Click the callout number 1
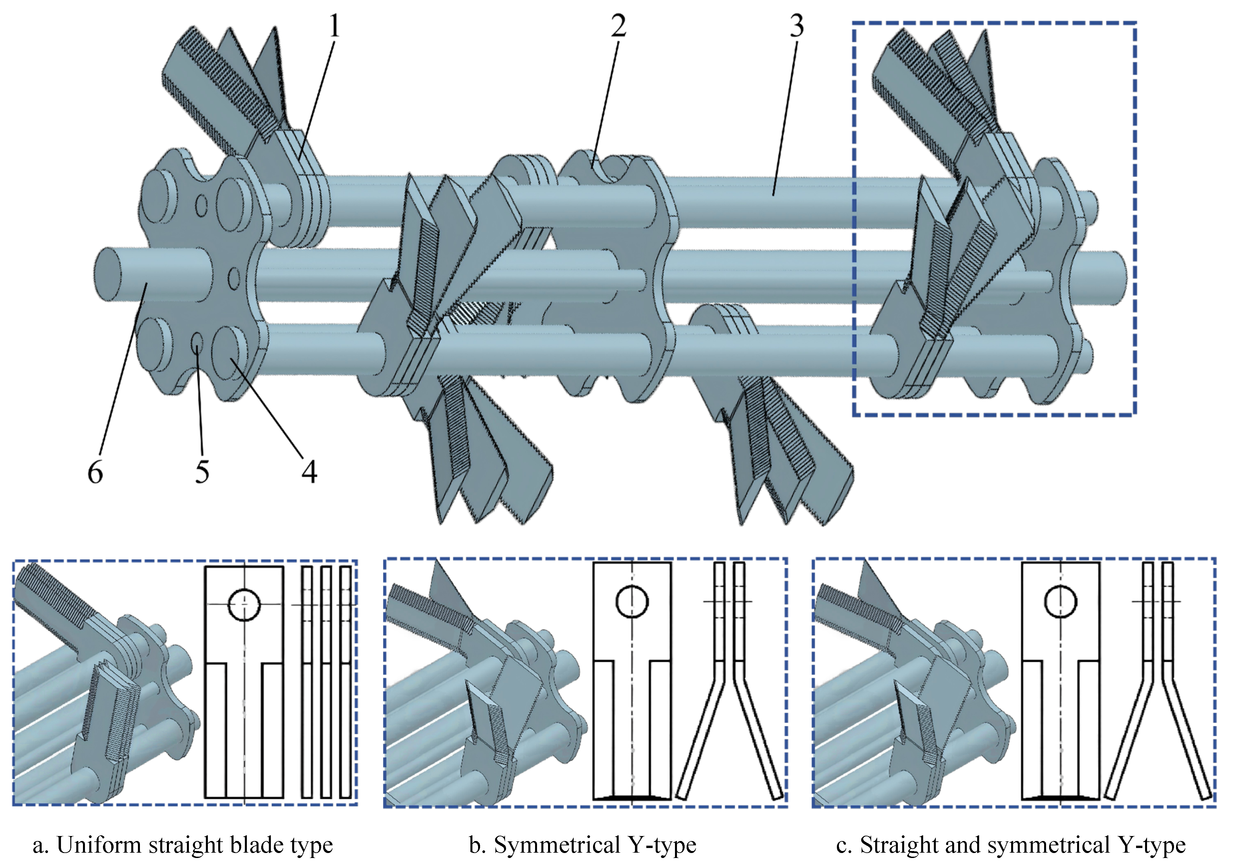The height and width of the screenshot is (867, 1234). [334, 26]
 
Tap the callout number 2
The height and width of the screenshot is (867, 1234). [619, 26]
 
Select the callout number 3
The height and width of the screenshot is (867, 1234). [797, 26]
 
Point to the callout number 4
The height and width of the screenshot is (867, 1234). [309, 472]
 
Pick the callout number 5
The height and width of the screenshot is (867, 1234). [202, 472]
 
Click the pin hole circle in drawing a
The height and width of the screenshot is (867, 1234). [245, 604]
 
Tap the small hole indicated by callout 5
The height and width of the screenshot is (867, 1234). [197, 342]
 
